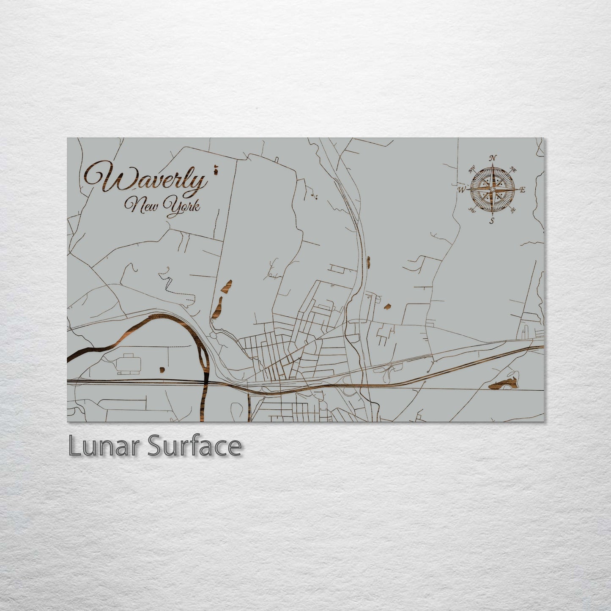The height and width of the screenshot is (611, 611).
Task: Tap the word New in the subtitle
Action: pos(140,206)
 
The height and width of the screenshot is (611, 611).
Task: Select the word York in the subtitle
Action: pos(184,208)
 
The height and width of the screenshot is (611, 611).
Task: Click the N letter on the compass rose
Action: pos(493,158)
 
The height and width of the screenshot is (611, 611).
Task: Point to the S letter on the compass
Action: pos(492,221)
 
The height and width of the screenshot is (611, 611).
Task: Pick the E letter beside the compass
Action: pos(523,190)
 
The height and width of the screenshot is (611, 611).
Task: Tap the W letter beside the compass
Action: pos(460,190)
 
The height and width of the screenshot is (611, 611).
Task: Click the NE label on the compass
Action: pos(514,169)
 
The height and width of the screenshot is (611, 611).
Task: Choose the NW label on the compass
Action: pos(471,170)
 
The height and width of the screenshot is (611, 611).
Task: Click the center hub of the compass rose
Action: pos(492,190)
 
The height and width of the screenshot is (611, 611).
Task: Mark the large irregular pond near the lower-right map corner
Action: pos(504,384)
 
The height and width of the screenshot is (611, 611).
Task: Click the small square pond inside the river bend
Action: pos(162,370)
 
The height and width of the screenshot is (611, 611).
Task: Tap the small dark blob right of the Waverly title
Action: pos(216,170)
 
